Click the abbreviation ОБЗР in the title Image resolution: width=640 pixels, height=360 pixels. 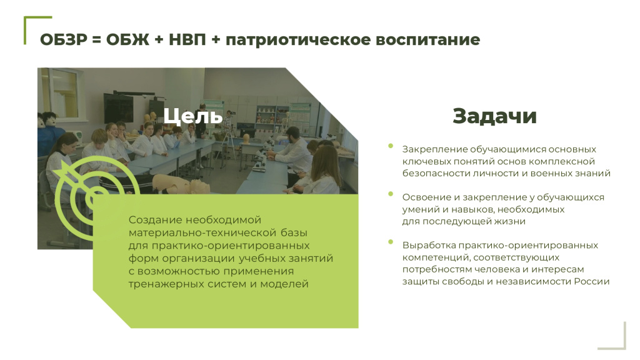coord(64,40)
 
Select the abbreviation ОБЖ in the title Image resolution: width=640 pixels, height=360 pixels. coord(127,40)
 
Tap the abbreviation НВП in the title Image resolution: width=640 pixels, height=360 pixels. coord(187,40)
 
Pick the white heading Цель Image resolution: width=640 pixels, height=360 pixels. coord(193,116)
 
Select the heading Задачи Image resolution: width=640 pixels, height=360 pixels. coord(494,116)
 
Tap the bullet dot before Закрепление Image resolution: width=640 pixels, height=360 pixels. coord(391,146)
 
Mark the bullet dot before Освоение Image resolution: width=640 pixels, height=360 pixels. coord(391,194)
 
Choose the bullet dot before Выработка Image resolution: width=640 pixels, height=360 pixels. coord(391,242)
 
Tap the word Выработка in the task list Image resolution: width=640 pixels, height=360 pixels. coord(429,245)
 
